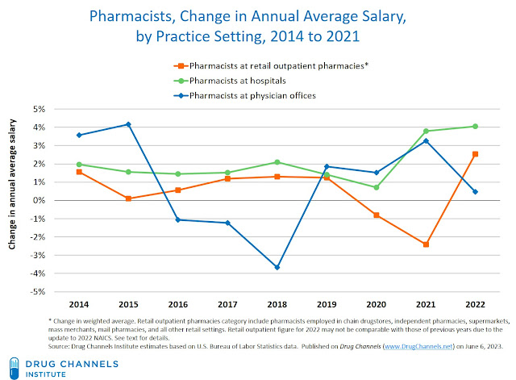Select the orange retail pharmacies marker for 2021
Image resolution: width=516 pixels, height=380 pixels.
point(425,244)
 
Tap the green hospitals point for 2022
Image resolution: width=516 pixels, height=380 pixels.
point(476,126)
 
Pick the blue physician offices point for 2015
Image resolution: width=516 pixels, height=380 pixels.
point(128,124)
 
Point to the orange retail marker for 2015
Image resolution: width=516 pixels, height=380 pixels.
point(128,198)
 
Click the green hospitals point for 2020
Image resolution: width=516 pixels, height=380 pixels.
point(376,187)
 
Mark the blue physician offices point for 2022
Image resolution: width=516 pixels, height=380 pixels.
point(476,192)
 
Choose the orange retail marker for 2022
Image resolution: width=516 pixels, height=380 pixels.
point(476,154)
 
